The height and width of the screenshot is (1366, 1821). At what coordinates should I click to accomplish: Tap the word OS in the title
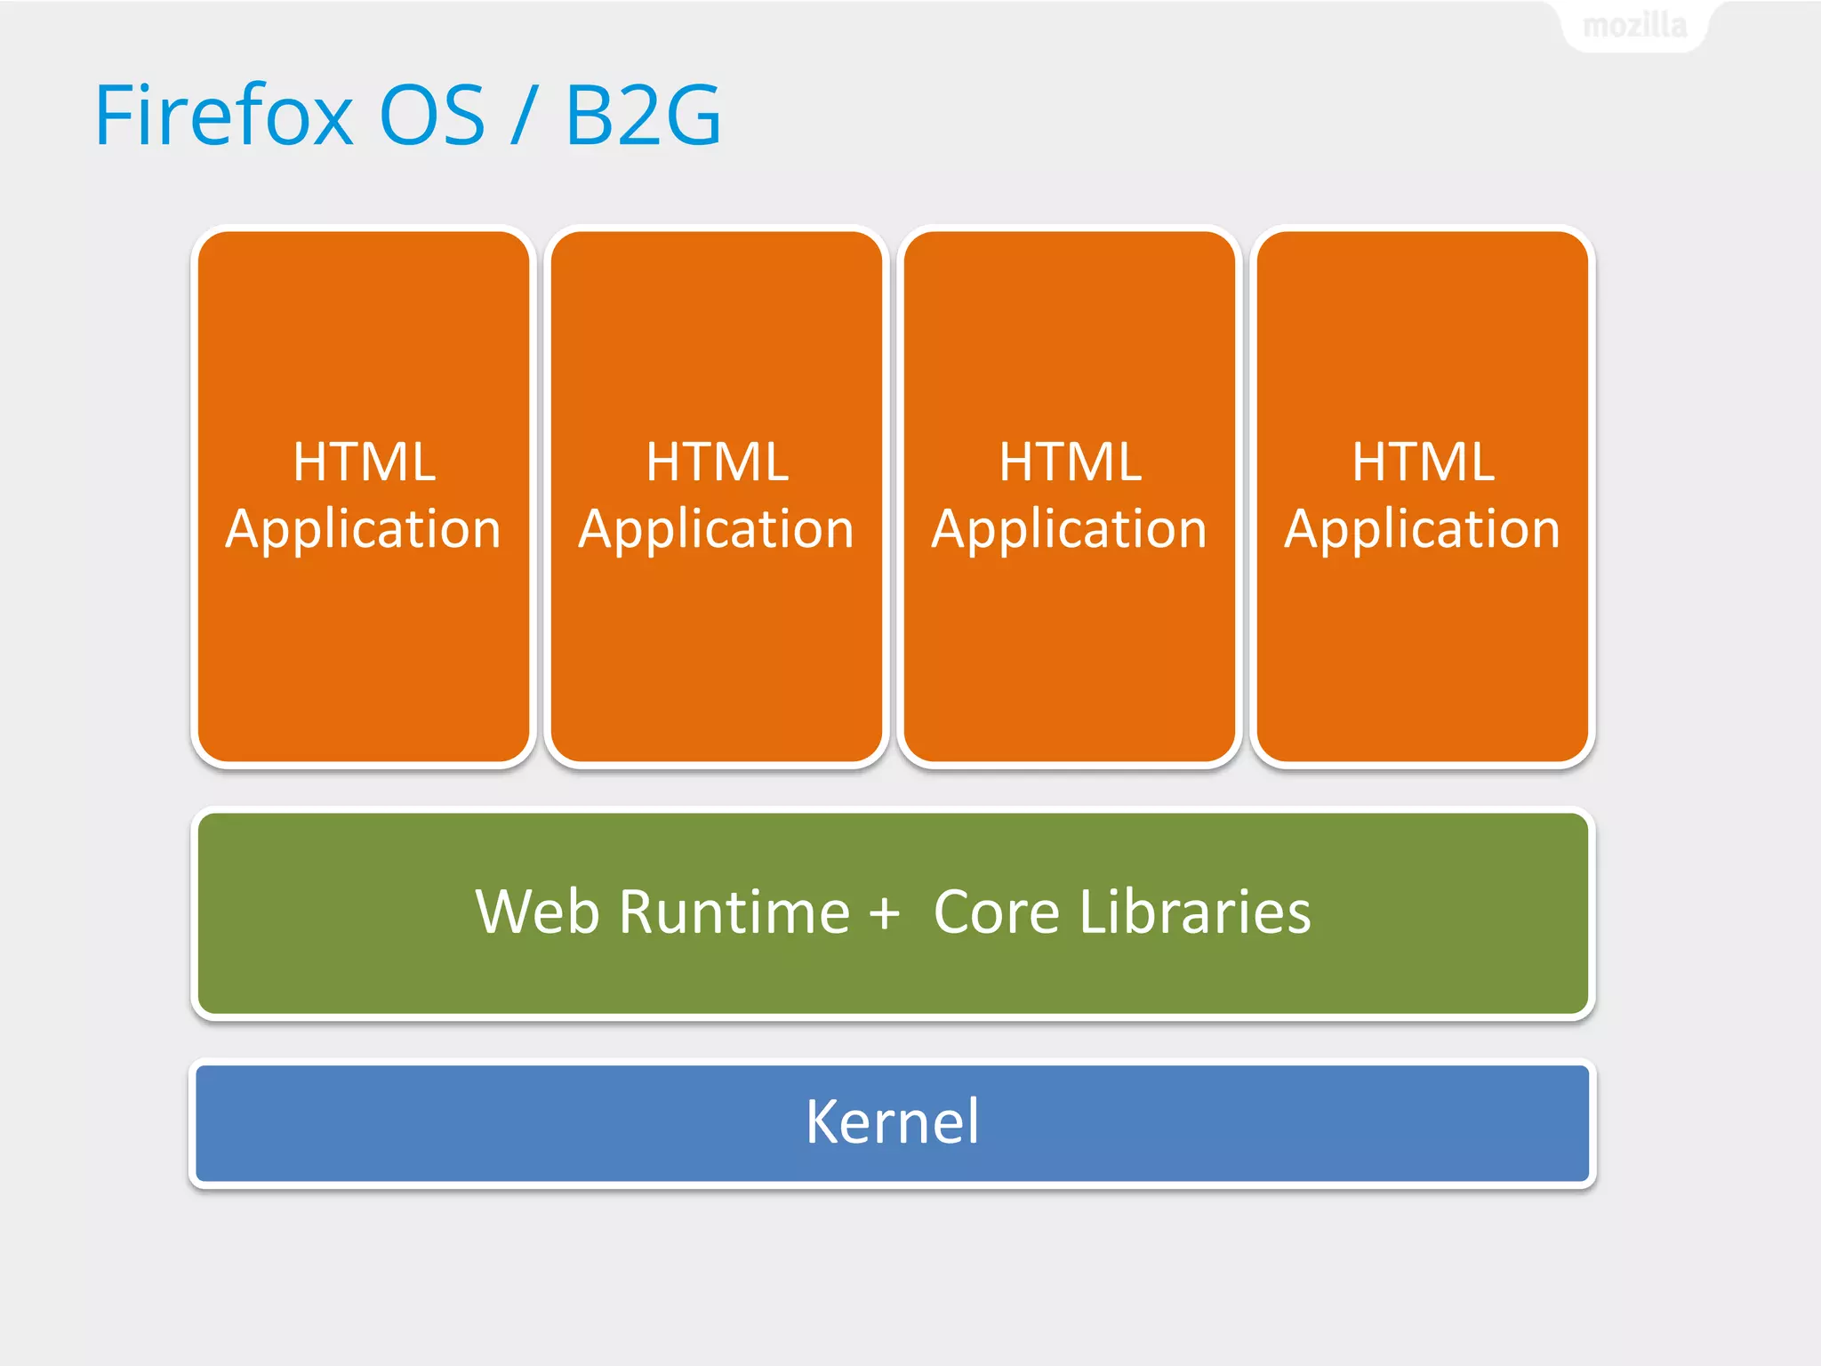pyautogui.click(x=432, y=116)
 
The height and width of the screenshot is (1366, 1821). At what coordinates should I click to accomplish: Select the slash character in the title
pyautogui.click(x=524, y=116)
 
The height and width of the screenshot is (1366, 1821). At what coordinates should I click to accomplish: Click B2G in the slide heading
pyautogui.click(x=643, y=116)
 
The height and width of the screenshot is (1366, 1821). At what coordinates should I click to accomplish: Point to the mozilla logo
pyautogui.click(x=1634, y=25)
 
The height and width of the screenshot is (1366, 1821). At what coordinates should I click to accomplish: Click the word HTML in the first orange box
pyautogui.click(x=365, y=462)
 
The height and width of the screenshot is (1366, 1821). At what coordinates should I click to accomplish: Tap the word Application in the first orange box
pyautogui.click(x=363, y=530)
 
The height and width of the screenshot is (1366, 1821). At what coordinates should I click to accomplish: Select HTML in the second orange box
pyautogui.click(x=718, y=462)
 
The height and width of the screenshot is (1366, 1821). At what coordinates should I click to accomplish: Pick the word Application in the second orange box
pyautogui.click(x=716, y=530)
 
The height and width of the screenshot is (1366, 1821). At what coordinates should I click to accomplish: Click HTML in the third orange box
pyautogui.click(x=1071, y=462)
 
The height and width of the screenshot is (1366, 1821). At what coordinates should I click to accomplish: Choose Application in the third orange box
pyautogui.click(x=1069, y=530)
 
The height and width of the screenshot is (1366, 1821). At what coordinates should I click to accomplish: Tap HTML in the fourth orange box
pyautogui.click(x=1424, y=462)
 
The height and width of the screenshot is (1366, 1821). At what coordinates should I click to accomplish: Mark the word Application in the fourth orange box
pyautogui.click(x=1422, y=530)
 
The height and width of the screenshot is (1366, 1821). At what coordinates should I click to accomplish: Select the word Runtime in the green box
pyautogui.click(x=734, y=912)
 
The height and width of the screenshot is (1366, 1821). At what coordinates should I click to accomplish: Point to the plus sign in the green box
pyautogui.click(x=885, y=914)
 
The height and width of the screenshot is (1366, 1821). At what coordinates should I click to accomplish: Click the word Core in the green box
pyautogui.click(x=997, y=912)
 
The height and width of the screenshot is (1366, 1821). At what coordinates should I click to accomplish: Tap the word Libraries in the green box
pyautogui.click(x=1195, y=912)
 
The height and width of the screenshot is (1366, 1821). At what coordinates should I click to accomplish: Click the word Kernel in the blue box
pyautogui.click(x=892, y=1121)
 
